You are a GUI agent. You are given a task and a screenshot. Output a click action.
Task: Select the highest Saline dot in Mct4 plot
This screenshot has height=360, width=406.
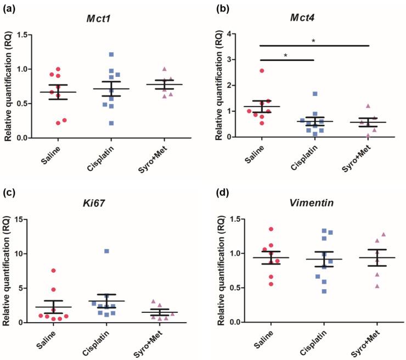click(x=262, y=71)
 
